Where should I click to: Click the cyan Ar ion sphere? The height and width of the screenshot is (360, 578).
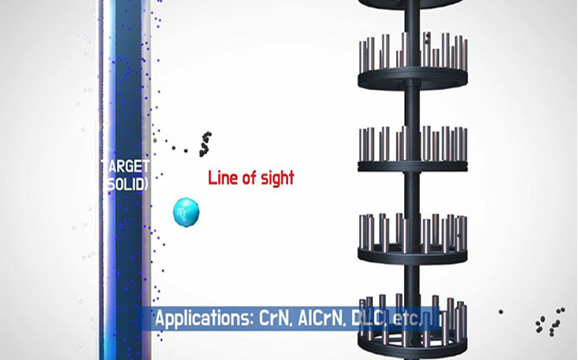[186, 212]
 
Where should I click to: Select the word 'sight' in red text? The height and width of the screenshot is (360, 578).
[278, 179]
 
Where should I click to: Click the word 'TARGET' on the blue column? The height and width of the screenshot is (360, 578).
[125, 166]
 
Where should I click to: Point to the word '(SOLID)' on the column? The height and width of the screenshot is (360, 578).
[127, 184]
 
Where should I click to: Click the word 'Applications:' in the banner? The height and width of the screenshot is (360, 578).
[204, 318]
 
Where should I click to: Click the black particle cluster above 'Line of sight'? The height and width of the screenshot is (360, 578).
[205, 144]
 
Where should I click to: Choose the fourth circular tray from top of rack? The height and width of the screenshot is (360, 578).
[413, 254]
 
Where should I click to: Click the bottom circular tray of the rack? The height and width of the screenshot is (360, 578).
[413, 343]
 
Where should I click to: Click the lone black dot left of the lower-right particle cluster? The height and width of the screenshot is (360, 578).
[501, 312]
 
